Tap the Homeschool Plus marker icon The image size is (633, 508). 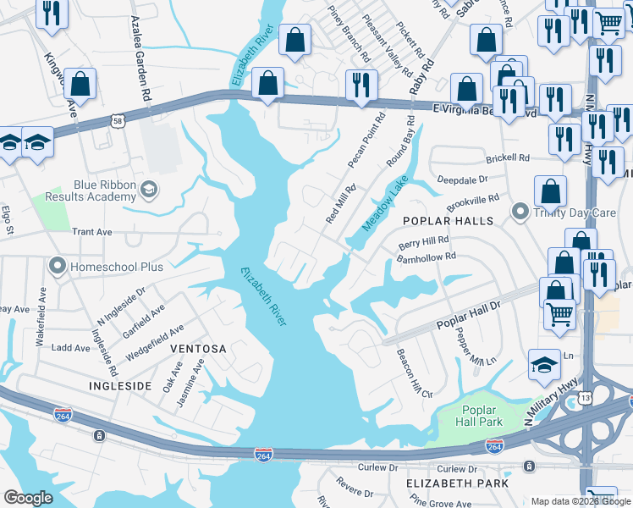click(58, 267)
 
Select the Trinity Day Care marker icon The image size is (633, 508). click(520, 213)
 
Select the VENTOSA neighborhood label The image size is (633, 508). click(198, 349)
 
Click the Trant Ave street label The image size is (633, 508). click(92, 231)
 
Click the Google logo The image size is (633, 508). click(28, 498)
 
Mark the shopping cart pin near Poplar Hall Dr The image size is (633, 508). click(559, 313)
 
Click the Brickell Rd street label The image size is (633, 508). click(507, 158)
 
